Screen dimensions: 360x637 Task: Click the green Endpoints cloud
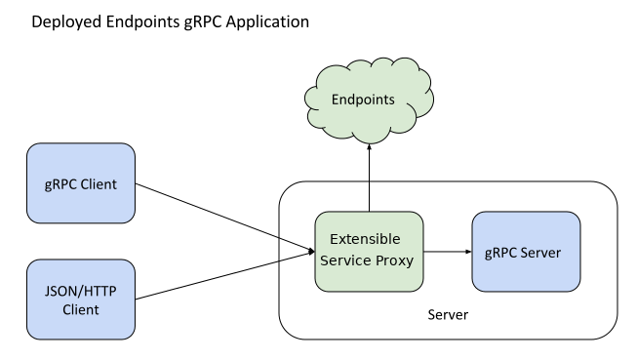coord(369,99)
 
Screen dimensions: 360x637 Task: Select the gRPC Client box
coord(81,183)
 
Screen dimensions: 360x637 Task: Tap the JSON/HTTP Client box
coord(81,299)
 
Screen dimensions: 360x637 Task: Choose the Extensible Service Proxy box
coord(370,251)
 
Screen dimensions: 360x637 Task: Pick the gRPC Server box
coord(526,252)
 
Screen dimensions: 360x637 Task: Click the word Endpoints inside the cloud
coord(363,100)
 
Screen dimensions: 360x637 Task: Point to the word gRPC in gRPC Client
coord(60,184)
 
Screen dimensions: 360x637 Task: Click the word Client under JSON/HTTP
coord(81,310)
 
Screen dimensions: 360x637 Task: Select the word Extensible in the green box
coord(365,240)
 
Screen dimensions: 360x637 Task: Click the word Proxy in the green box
coord(395,261)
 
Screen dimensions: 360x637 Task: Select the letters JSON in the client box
coord(60,290)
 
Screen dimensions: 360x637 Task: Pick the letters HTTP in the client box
coord(99,290)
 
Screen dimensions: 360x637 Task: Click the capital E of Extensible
coord(335,240)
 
